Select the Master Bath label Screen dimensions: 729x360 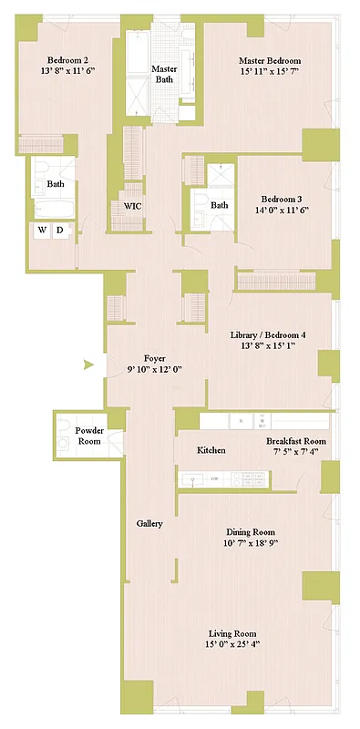(x=164, y=74)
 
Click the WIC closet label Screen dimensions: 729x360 (x=132, y=206)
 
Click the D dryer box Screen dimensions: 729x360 (x=60, y=231)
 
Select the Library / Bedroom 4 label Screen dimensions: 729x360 (x=268, y=334)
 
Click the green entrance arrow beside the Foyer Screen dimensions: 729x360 (x=88, y=365)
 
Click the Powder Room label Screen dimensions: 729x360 (x=89, y=436)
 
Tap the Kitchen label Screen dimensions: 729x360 (x=211, y=450)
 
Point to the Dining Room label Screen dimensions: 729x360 (x=251, y=531)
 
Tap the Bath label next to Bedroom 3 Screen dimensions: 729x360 (x=220, y=205)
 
